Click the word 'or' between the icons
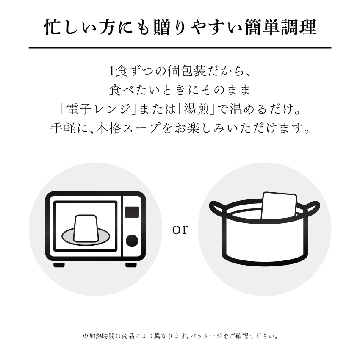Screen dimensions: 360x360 coord(180,230)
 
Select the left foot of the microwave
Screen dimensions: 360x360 coord(59,265)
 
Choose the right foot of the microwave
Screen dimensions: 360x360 coord(131,265)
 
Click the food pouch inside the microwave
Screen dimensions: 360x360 coord(87,227)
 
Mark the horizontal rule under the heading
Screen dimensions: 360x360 coord(180,48)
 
